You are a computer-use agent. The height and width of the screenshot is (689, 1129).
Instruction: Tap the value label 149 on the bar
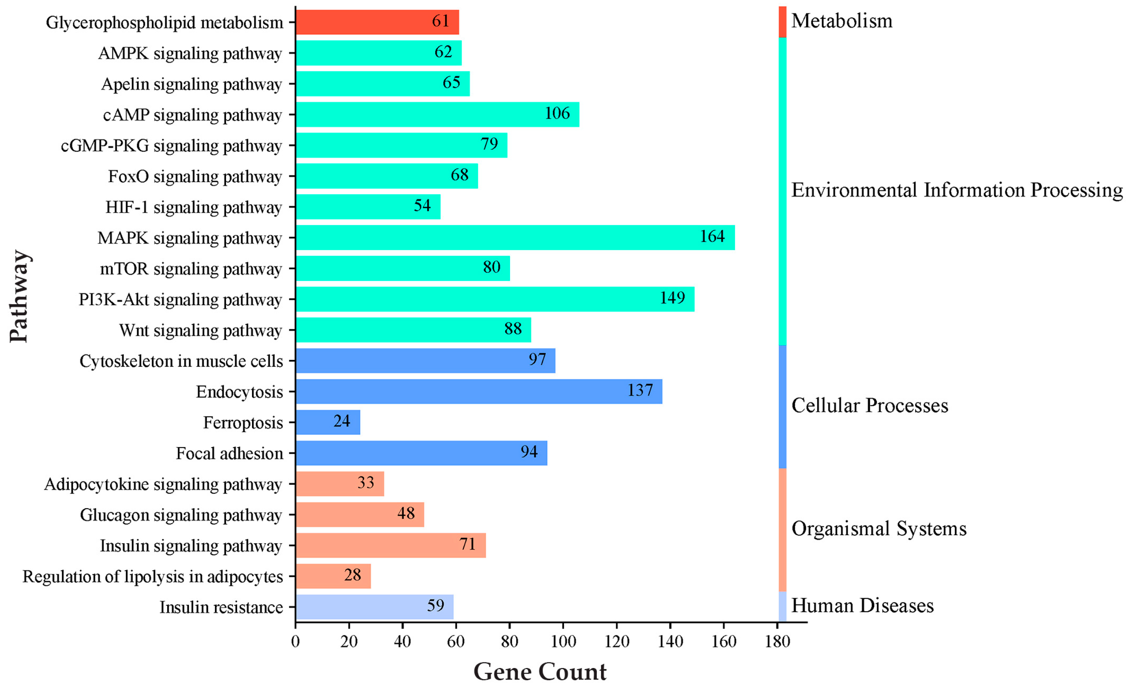(x=672, y=298)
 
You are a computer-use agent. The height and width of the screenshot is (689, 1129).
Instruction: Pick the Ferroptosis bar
(x=327, y=422)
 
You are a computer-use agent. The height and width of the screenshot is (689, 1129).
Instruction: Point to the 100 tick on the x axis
(x=563, y=641)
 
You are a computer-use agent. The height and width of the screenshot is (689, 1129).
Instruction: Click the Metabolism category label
(x=842, y=21)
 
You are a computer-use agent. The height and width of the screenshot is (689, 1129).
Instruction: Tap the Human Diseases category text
(x=862, y=606)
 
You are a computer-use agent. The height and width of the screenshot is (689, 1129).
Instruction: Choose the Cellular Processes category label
(x=870, y=405)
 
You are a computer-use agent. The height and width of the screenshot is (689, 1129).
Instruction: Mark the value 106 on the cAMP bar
(x=557, y=113)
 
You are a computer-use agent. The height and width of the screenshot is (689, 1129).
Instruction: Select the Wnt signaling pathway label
(x=200, y=330)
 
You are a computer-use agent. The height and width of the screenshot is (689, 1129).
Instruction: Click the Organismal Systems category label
(x=879, y=529)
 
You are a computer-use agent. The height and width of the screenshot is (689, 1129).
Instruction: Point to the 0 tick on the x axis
(x=296, y=641)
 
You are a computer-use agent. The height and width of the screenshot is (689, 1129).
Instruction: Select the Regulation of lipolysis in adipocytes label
(x=153, y=577)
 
